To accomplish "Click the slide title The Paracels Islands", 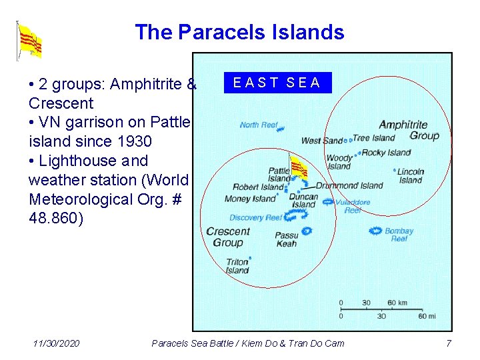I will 239,32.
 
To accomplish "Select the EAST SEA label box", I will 277,83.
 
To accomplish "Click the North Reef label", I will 258,125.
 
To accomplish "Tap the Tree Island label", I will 373,138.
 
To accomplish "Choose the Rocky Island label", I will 386,153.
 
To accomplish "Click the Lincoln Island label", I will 411,175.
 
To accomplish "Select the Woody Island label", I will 339,162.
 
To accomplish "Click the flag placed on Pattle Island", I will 297,167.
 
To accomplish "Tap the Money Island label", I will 249,199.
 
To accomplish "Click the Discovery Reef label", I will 256,217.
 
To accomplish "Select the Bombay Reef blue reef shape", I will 375,231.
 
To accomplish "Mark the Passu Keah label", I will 286,239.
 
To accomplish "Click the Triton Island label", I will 237,266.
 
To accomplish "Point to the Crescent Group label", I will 228,237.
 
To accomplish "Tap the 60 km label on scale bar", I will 397,303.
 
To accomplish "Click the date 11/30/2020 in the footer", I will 56,343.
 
